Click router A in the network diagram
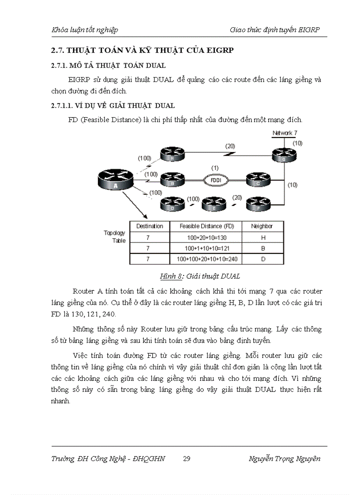click(115, 180)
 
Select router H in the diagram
click(172, 155)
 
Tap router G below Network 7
click(284, 155)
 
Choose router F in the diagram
click(259, 204)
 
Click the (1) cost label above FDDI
click(215, 168)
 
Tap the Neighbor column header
click(262, 226)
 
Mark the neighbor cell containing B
click(262, 248)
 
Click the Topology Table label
click(115, 237)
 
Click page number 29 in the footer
click(187, 459)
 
